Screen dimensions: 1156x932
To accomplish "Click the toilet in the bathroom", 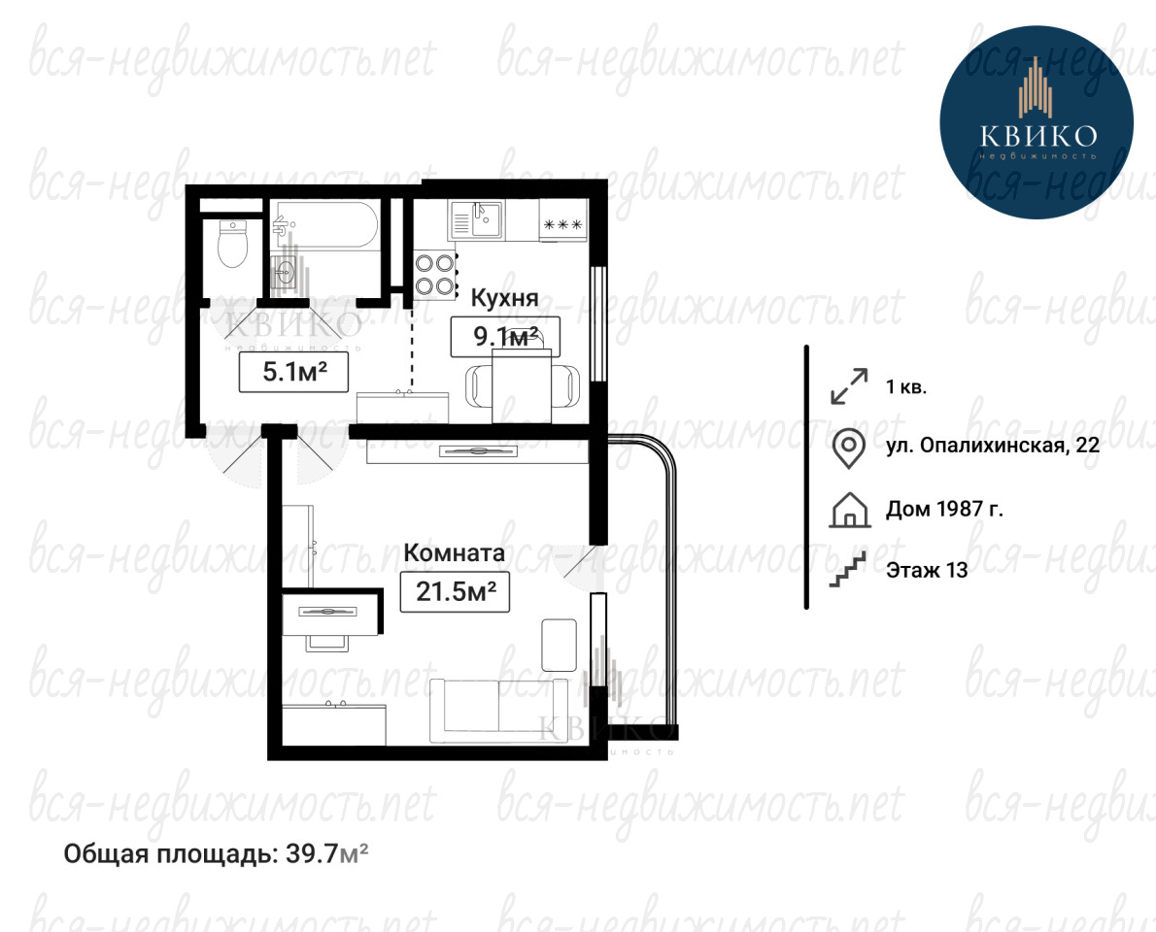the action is click(x=233, y=245).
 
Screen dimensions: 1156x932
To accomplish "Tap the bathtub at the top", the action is click(x=324, y=224).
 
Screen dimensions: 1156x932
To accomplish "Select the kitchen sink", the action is click(x=476, y=219).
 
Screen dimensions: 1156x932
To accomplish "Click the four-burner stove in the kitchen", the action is click(x=435, y=275).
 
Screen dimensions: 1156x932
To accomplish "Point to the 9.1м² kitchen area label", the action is click(x=505, y=337).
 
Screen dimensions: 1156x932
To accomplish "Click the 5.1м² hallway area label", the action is click(x=294, y=372).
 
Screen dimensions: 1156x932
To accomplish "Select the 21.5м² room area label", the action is click(x=455, y=591).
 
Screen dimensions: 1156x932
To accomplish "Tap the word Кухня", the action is click(x=504, y=298).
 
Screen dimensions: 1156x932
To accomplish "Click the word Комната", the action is click(x=455, y=552).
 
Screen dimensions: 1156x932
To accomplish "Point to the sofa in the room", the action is click(x=499, y=711).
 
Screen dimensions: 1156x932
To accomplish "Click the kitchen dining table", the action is click(x=522, y=386).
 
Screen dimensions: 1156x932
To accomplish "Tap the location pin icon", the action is click(x=849, y=449).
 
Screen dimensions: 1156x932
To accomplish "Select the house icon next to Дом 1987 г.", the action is click(x=849, y=510).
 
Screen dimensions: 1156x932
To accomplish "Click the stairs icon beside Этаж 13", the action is click(x=847, y=570).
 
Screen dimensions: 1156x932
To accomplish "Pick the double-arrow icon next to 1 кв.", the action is click(x=849, y=386).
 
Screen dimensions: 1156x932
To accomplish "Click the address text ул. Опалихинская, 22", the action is click(x=993, y=446).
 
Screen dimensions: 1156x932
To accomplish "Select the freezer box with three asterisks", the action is click(x=562, y=224).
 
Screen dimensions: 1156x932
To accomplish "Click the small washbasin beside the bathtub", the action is click(x=285, y=275).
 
